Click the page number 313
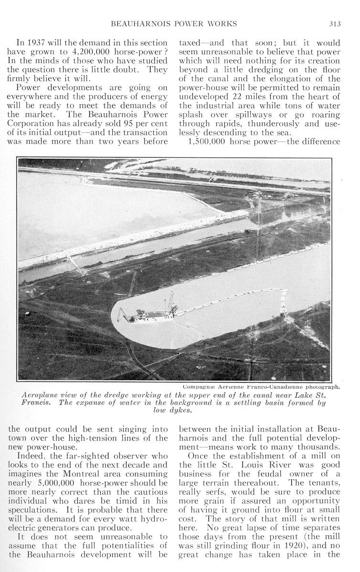click(333, 23)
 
